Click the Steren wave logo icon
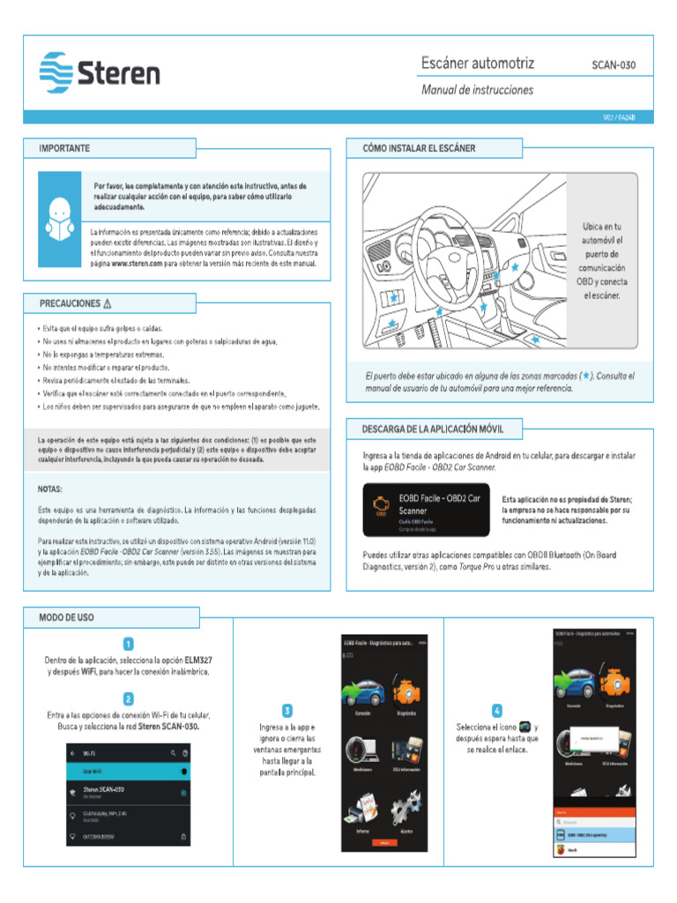[x=56, y=72]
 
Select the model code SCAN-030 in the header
[x=613, y=65]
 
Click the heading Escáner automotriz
[x=478, y=63]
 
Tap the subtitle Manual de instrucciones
[x=477, y=90]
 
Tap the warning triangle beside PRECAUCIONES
[x=108, y=303]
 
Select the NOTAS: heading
[x=50, y=488]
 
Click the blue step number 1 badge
[x=128, y=645]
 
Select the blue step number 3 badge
[x=287, y=710]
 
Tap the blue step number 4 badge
[x=497, y=710]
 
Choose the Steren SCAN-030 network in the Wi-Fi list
[x=104, y=790]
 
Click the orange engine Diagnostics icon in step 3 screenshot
[x=406, y=690]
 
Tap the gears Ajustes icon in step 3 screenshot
[x=406, y=808]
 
